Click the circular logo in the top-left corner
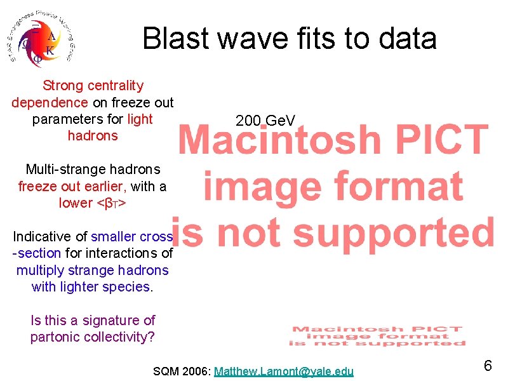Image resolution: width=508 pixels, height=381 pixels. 41,39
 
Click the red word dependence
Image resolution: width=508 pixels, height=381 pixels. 50,102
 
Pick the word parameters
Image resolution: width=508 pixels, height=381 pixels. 69,119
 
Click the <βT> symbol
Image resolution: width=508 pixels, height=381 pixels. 110,203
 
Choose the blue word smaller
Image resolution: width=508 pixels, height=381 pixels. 114,237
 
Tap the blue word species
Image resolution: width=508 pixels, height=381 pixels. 129,287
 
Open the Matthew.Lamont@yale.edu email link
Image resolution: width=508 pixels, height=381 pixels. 284,371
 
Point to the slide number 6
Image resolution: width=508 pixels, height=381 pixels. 488,366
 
